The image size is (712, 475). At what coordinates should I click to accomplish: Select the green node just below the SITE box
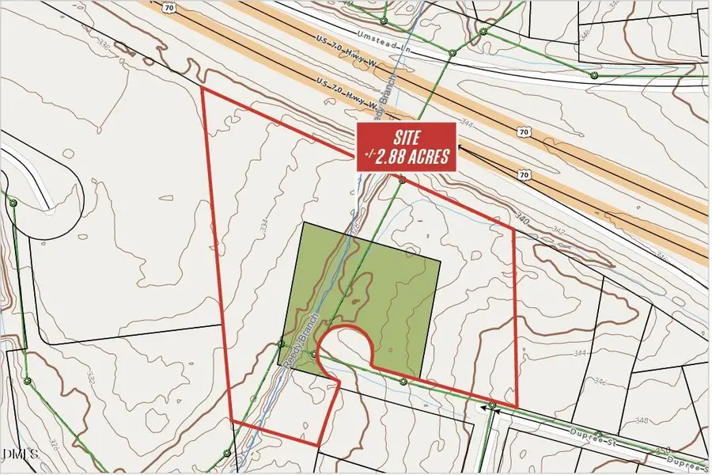[x=402, y=180]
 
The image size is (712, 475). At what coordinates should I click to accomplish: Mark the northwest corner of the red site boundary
[x=203, y=88]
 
